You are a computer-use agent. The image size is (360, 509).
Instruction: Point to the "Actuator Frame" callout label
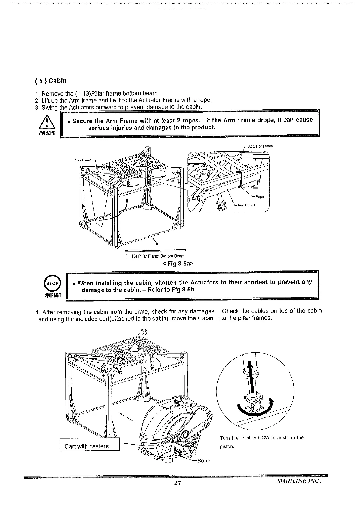tap(260, 146)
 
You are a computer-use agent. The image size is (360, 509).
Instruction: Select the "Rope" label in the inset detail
tap(260, 197)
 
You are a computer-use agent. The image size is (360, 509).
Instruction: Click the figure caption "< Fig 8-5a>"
tap(178, 264)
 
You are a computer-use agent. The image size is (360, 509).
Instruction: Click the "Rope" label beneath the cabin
tap(203, 461)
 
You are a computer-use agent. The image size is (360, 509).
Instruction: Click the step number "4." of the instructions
tap(37, 312)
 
